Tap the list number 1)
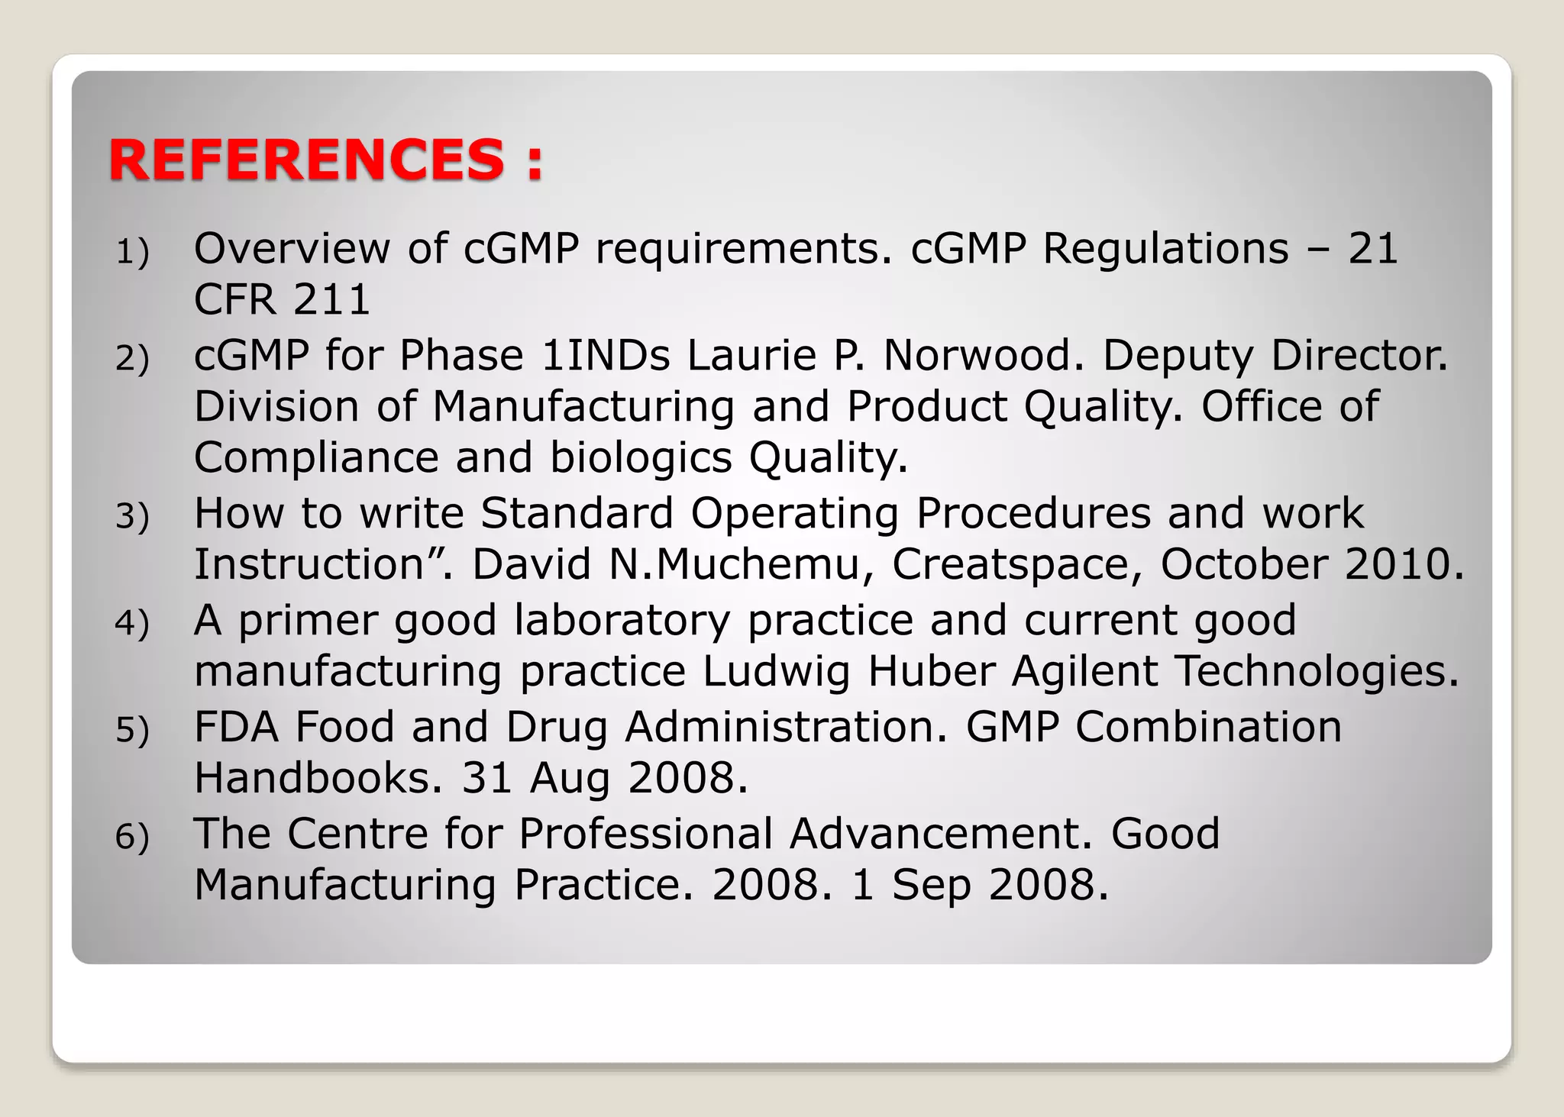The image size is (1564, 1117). (x=132, y=252)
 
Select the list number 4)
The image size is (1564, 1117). (x=132, y=623)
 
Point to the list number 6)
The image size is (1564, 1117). (x=132, y=837)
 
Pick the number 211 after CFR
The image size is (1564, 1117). (x=331, y=299)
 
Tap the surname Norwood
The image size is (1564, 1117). (x=984, y=356)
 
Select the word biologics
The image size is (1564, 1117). (x=641, y=458)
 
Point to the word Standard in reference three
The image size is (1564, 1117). (x=577, y=513)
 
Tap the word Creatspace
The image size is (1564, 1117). (x=1017, y=565)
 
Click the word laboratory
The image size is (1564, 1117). (x=622, y=621)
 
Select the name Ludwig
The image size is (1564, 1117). (x=776, y=672)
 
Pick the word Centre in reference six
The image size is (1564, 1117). (x=357, y=834)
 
